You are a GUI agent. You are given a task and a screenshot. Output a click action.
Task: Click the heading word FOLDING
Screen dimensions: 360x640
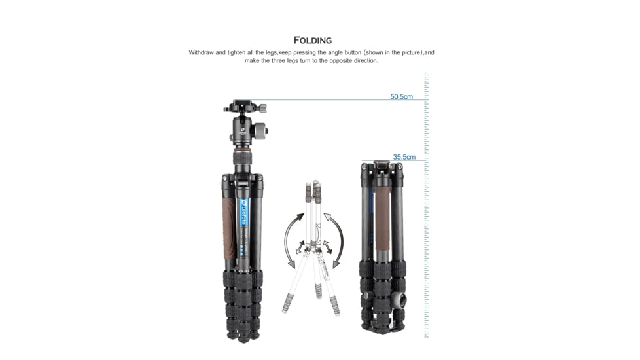(x=313, y=41)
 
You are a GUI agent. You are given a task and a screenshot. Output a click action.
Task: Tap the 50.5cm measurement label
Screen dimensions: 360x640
(x=401, y=97)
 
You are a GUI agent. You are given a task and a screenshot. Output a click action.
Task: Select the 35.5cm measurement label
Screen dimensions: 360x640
(x=404, y=157)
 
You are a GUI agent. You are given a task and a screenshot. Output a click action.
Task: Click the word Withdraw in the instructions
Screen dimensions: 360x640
(x=202, y=52)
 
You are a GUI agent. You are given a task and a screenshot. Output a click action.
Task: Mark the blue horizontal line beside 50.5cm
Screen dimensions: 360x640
(x=327, y=100)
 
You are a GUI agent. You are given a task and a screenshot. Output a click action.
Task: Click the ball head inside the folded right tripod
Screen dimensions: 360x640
(x=399, y=300)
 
